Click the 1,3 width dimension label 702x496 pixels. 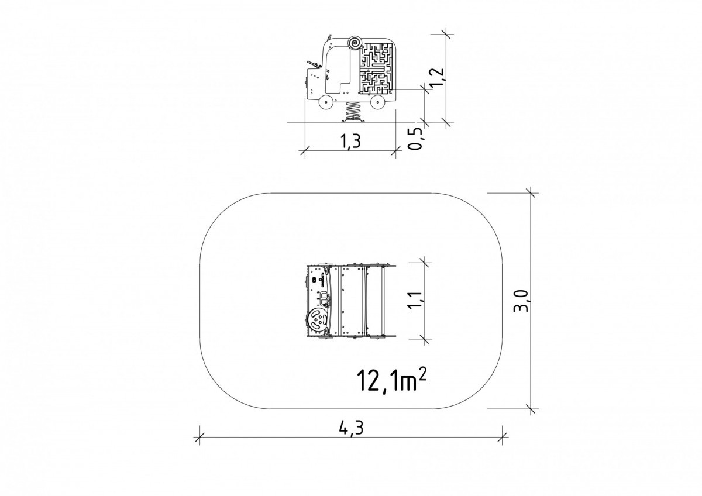tap(350, 141)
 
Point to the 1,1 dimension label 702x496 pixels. tap(417, 301)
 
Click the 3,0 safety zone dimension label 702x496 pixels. tap(522, 301)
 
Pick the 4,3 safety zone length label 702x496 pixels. tap(352, 428)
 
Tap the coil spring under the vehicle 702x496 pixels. tap(352, 111)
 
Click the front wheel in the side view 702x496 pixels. tap(326, 102)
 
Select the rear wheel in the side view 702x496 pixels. tap(378, 102)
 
